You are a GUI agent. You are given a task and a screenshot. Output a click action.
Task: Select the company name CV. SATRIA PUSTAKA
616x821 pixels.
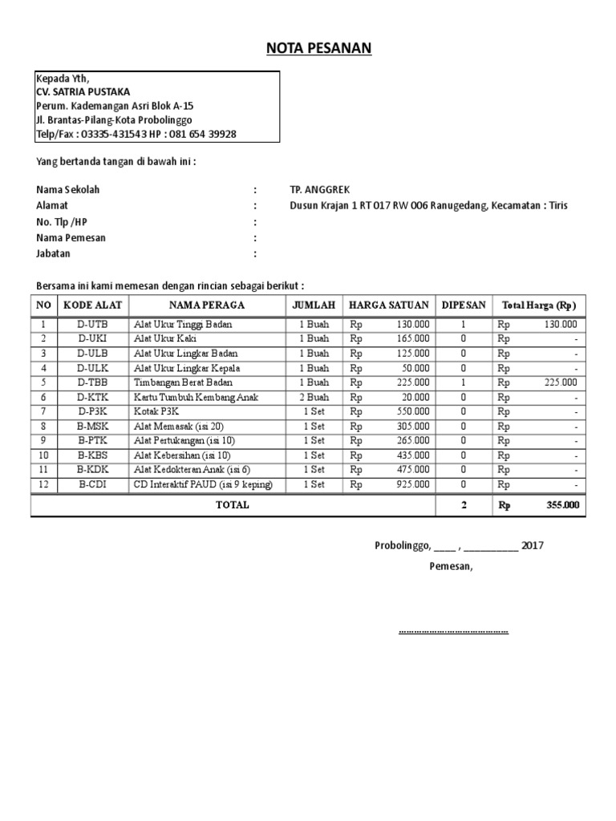pyautogui.click(x=83, y=92)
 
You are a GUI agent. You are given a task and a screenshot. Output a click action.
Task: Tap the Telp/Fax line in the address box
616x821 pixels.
pyautogui.click(x=136, y=134)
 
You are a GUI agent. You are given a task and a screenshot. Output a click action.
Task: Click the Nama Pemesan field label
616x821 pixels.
pyautogui.click(x=71, y=238)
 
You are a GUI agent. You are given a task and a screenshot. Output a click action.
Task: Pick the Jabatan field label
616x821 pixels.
pyautogui.click(x=53, y=254)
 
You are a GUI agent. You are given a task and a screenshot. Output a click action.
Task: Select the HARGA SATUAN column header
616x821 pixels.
pyautogui.click(x=388, y=305)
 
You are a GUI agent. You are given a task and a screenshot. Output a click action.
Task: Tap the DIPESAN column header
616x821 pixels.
pyautogui.click(x=464, y=305)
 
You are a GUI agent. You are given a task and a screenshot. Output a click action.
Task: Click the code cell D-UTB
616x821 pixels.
pyautogui.click(x=91, y=324)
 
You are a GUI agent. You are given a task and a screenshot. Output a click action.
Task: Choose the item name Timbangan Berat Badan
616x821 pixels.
pyautogui.click(x=187, y=382)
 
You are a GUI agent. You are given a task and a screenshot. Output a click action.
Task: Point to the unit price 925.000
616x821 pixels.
pyautogui.click(x=413, y=485)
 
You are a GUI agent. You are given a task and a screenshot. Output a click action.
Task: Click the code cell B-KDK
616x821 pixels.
pyautogui.click(x=91, y=470)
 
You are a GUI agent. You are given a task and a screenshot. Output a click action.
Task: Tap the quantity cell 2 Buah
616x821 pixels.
pyautogui.click(x=314, y=397)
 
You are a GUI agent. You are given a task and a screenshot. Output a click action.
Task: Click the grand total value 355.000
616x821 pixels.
pyautogui.click(x=561, y=506)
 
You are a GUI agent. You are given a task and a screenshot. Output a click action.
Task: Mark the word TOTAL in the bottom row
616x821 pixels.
pyautogui.click(x=233, y=505)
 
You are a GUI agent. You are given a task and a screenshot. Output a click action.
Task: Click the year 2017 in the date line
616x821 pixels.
pyautogui.click(x=533, y=546)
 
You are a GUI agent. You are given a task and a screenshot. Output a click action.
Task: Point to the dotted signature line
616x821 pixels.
pyautogui.click(x=453, y=631)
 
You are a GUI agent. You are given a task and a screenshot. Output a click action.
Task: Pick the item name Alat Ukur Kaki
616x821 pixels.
pyautogui.click(x=165, y=338)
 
